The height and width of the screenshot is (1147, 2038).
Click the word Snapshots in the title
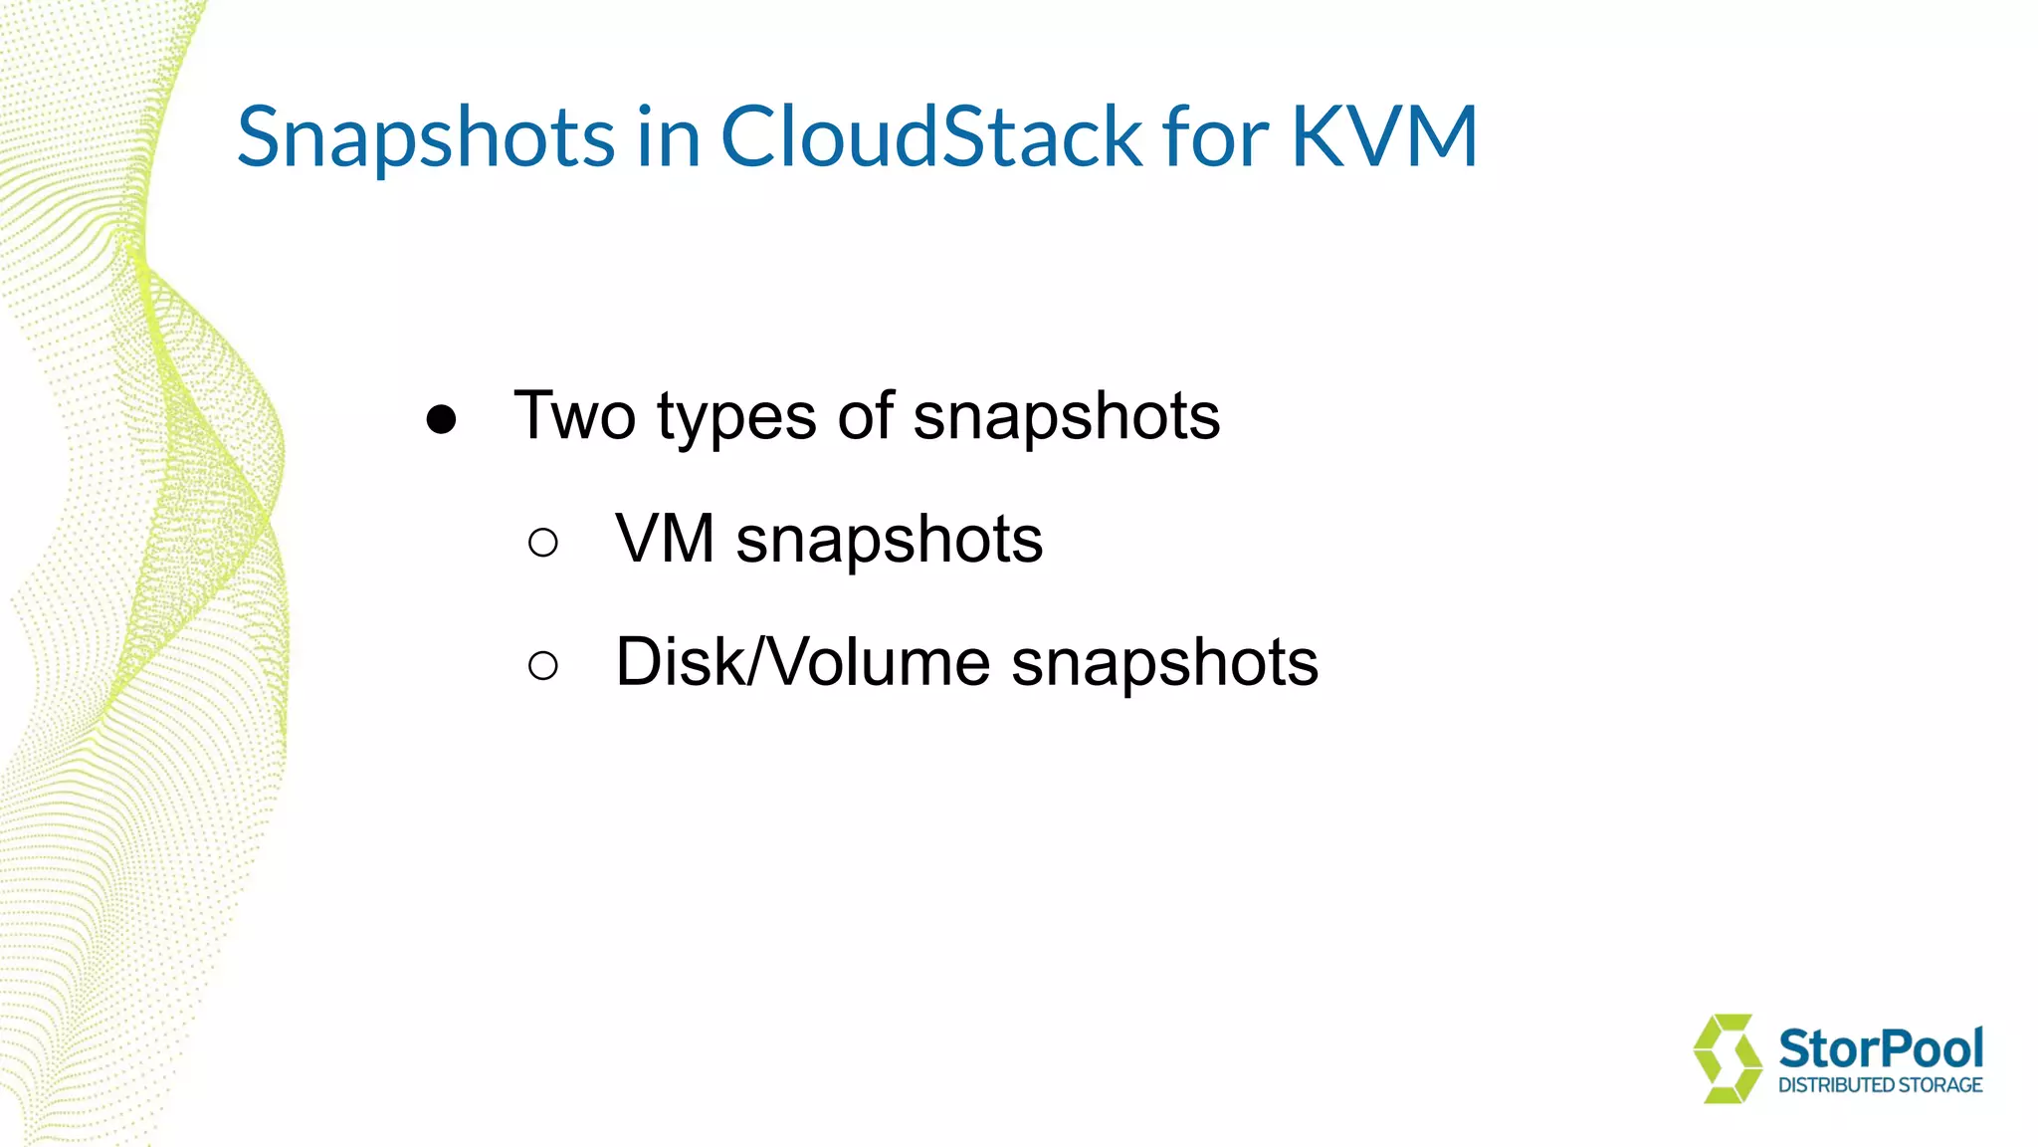click(x=426, y=137)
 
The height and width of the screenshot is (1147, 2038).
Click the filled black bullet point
click(x=441, y=419)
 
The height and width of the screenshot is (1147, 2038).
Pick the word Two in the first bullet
click(x=574, y=416)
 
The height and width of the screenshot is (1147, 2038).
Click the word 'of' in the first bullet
click(x=865, y=416)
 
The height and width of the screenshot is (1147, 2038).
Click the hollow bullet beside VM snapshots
click(x=543, y=543)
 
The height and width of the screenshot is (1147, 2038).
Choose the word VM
click(x=665, y=540)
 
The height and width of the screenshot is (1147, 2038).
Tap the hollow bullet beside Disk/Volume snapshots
click(x=543, y=665)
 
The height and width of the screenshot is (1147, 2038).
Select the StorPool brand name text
click(x=1880, y=1048)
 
